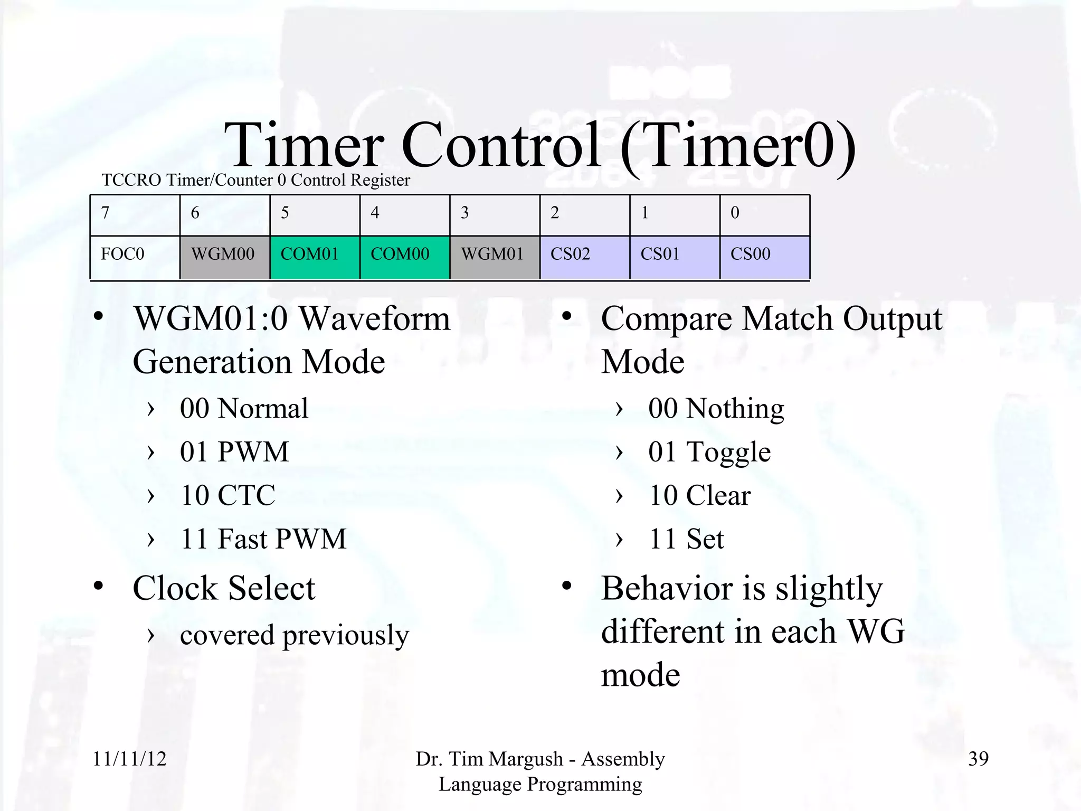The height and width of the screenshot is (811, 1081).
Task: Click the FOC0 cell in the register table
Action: pyautogui.click(x=135, y=257)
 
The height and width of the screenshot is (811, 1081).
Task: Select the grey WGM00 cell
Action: pyautogui.click(x=224, y=257)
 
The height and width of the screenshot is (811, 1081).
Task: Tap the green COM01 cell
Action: pyautogui.click(x=315, y=257)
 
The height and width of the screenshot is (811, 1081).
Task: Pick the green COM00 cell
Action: pyautogui.click(x=404, y=257)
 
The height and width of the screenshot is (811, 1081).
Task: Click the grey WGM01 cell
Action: pyautogui.click(x=495, y=257)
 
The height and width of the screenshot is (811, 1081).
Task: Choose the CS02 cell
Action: pyautogui.click(x=584, y=257)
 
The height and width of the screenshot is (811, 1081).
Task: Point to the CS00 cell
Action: pyautogui.click(x=764, y=257)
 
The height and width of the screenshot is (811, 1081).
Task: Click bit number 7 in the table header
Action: pyautogui.click(x=106, y=213)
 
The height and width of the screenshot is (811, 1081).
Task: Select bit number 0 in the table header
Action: pyautogui.click(x=735, y=213)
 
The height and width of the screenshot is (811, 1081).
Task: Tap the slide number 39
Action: pyautogui.click(x=978, y=759)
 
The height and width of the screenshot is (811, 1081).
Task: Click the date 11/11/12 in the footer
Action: pyautogui.click(x=130, y=759)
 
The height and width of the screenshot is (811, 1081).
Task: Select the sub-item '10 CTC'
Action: pyautogui.click(x=227, y=495)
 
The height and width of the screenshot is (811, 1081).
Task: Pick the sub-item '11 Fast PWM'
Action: pyautogui.click(x=263, y=539)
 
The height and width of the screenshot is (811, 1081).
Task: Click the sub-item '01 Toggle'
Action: pyautogui.click(x=709, y=452)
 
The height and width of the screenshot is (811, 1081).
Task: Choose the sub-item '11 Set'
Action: pyautogui.click(x=686, y=539)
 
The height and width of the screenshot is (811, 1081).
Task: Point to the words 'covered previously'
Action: pyautogui.click(x=294, y=635)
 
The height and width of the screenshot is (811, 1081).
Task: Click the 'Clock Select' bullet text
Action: pyautogui.click(x=224, y=588)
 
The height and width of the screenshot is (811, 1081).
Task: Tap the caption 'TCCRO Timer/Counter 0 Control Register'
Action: pyautogui.click(x=255, y=180)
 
